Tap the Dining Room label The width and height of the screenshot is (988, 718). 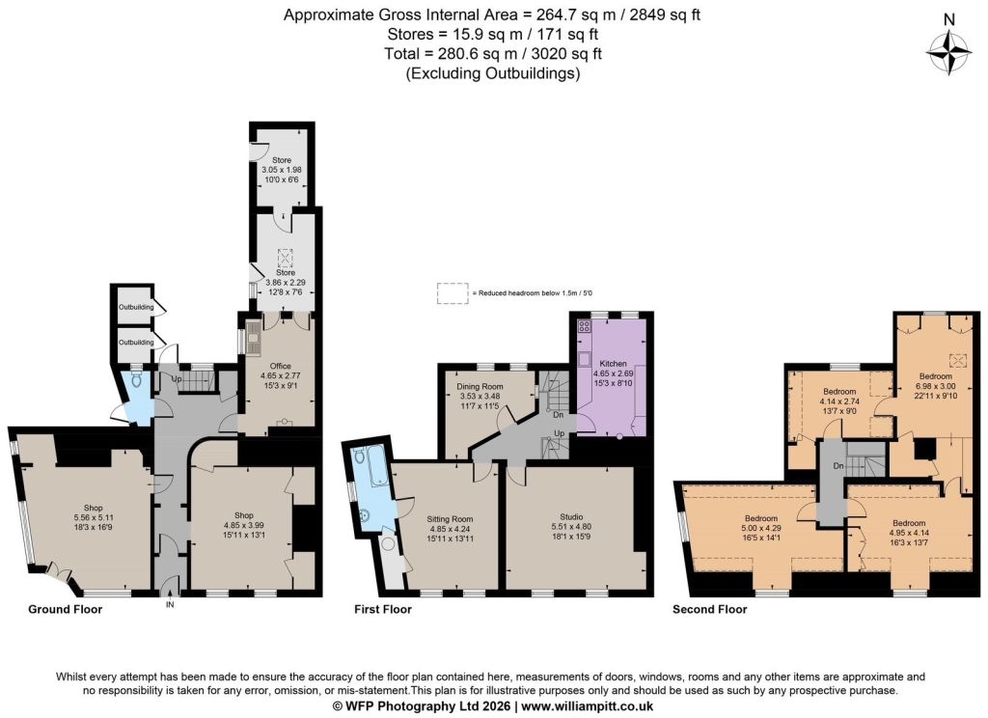pos(480,386)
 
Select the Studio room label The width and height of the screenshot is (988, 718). pos(571,517)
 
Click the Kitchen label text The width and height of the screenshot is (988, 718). pos(613,364)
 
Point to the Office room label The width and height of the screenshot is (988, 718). pos(281,366)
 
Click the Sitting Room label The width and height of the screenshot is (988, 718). pos(450,519)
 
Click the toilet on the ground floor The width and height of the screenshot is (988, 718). pos(137,379)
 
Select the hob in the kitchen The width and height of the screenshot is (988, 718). pos(584,326)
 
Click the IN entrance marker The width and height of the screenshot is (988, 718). pos(170,604)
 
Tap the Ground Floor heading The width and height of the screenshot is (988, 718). pos(65,609)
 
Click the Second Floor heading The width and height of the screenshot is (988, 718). pos(709,609)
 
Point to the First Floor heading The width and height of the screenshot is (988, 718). pos(382,609)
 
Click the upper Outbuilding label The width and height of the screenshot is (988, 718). pos(136,308)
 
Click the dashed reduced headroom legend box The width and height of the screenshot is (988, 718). pos(453,293)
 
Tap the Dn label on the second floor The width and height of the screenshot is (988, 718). pos(838,466)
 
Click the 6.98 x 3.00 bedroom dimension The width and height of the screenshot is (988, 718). pos(935,386)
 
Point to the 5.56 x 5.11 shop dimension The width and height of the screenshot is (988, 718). pos(94,517)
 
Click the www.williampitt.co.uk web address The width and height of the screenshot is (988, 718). pos(588,706)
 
